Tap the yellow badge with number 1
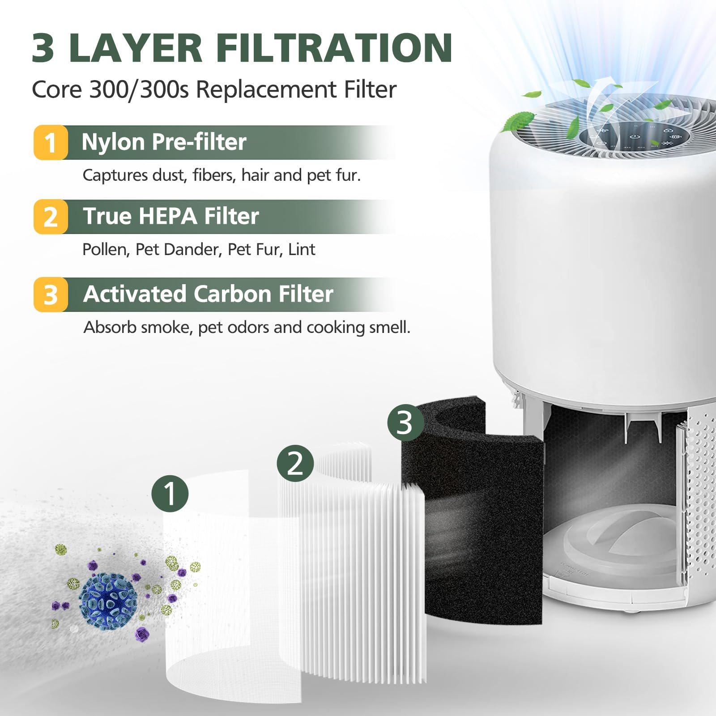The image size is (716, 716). point(51,143)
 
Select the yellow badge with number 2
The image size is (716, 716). point(51,217)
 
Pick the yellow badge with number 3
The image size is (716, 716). point(51,295)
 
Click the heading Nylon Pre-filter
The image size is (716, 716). point(164,142)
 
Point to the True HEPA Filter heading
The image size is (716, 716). point(170,216)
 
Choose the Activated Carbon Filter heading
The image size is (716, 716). point(208,294)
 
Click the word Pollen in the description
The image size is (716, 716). point(106,249)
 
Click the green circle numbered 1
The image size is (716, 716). point(170,494)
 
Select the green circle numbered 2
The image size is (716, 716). point(295,463)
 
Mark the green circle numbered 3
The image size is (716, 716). point(405,422)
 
